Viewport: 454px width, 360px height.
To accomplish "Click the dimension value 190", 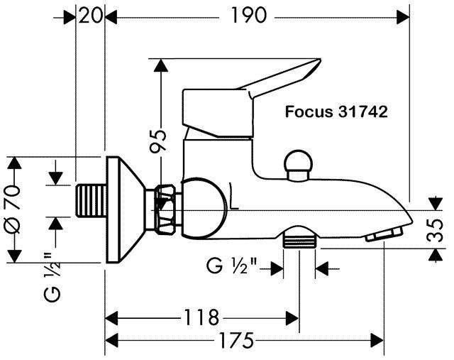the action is pyautogui.click(x=248, y=16).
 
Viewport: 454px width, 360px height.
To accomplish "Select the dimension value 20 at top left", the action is pyautogui.click(x=90, y=16).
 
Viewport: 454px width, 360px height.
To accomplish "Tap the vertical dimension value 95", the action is pyautogui.click(x=158, y=141).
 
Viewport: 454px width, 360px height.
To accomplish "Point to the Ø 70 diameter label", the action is pyautogui.click(x=12, y=209).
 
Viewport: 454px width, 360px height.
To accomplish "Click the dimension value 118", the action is pyautogui.click(x=201, y=317).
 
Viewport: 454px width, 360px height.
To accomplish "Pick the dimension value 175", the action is pyautogui.click(x=236, y=340).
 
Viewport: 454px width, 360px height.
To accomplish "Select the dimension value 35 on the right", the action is pyautogui.click(x=435, y=231).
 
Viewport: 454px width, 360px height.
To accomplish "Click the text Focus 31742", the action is pyautogui.click(x=336, y=111).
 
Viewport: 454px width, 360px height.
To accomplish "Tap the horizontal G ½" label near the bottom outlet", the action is pyautogui.click(x=232, y=266).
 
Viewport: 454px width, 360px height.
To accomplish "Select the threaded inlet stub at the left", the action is pyautogui.click(x=91, y=200).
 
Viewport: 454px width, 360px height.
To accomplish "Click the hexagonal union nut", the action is pyautogui.click(x=166, y=209).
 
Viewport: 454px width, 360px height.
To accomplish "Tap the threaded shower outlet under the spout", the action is pyautogui.click(x=299, y=238).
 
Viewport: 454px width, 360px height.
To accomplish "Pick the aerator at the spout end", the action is pyautogui.click(x=384, y=234).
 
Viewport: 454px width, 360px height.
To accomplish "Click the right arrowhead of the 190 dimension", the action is pyautogui.click(x=403, y=17).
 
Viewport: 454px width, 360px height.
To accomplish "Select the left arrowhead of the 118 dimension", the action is pyautogui.click(x=111, y=318).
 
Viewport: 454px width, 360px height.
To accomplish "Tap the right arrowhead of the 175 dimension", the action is pyautogui.click(x=377, y=340).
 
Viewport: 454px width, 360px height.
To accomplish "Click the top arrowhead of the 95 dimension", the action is pyautogui.click(x=161, y=65).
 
